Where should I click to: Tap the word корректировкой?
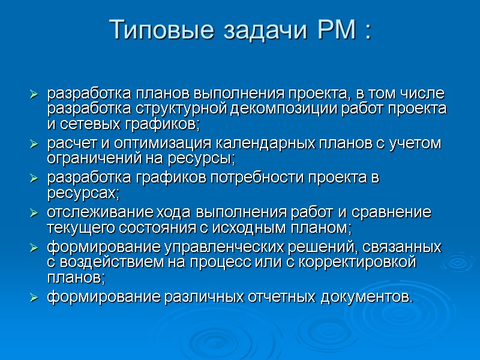[364, 262]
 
